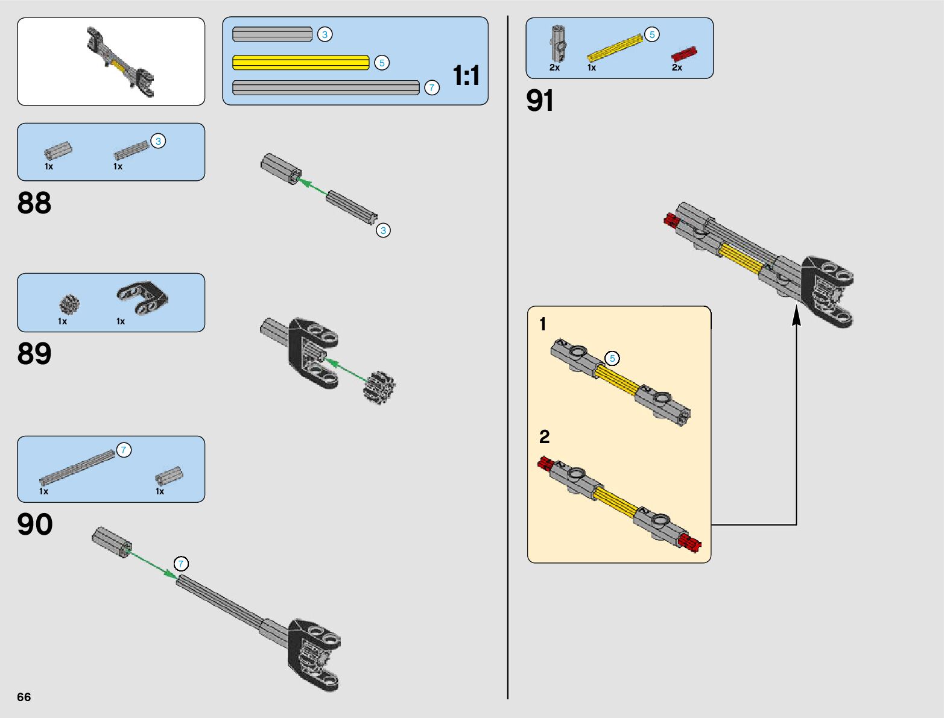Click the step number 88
[x=34, y=203]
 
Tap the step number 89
[x=34, y=354]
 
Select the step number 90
[x=35, y=524]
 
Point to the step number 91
[x=540, y=101]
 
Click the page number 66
[x=24, y=697]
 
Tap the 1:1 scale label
[x=466, y=76]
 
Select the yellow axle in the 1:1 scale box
[x=300, y=63]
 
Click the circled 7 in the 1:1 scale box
[x=431, y=87]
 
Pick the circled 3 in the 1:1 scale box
[x=325, y=34]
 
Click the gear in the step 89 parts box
[x=69, y=304]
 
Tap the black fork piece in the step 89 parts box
[x=142, y=298]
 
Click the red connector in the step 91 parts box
[x=684, y=54]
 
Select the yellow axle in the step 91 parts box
[x=615, y=48]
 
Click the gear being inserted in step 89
[x=379, y=387]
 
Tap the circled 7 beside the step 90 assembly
[x=181, y=564]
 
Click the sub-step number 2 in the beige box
[x=544, y=436]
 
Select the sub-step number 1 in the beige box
[x=542, y=324]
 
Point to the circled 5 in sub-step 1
[x=612, y=358]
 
